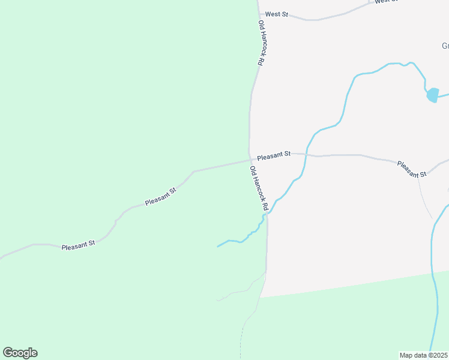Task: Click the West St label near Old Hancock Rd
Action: click(277, 14)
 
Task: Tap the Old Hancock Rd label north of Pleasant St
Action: click(261, 43)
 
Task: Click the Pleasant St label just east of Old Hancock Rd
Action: click(274, 155)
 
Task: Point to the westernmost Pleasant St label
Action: click(79, 245)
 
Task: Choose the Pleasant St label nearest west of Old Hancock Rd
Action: click(160, 197)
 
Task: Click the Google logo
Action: click(20, 353)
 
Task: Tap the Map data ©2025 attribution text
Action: click(424, 355)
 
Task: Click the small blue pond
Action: click(432, 95)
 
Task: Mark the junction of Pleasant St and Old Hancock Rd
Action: click(250, 160)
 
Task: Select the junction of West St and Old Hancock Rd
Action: click(259, 13)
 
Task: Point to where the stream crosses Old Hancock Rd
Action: click(267, 214)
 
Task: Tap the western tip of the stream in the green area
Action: click(218, 246)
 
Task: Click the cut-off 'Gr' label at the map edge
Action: click(445, 46)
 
